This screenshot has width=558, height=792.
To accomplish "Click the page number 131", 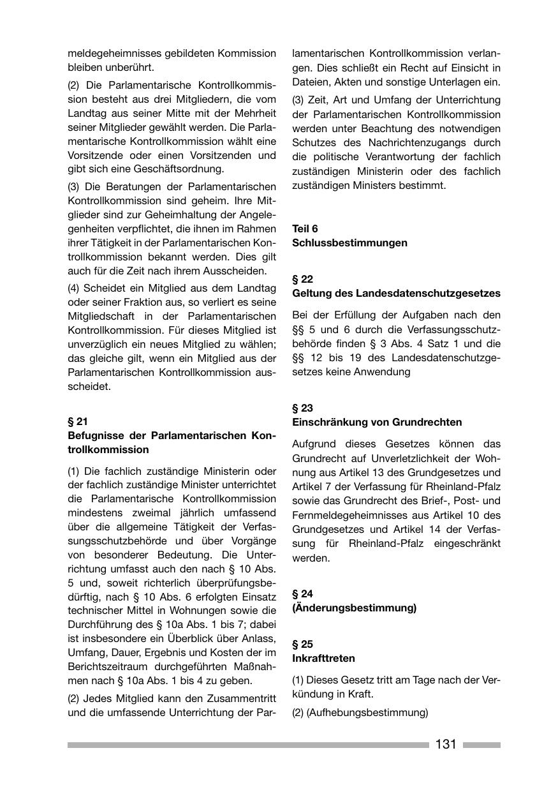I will tap(446, 744).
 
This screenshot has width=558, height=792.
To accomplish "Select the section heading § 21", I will tap(78, 421).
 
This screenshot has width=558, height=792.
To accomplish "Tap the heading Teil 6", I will tap(305, 228).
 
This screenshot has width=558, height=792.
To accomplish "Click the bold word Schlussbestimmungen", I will tap(349, 243).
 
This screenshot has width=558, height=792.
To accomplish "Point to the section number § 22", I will tap(303, 279).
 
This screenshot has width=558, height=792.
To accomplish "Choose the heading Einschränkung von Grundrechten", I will tap(377, 422).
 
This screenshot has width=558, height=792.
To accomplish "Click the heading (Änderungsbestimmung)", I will tap(354, 608).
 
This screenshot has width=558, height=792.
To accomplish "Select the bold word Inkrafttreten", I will tap(323, 658).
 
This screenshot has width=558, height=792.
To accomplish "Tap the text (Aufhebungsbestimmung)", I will tap(367, 712).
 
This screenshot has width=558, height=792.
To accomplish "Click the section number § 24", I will tap(303, 594).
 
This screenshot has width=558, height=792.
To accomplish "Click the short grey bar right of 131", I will tap(481, 745).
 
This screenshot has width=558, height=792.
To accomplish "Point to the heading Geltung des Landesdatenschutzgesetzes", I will tap(396, 293).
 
